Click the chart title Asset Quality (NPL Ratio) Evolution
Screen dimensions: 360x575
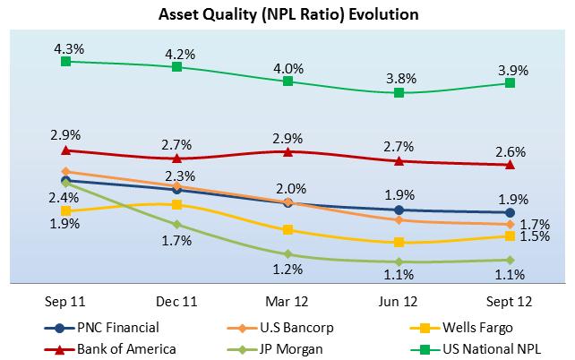(x=287, y=15)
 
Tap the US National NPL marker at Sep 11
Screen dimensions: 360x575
(x=66, y=61)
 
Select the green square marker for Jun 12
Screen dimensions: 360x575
(x=399, y=92)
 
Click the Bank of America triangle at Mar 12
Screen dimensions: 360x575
(x=287, y=151)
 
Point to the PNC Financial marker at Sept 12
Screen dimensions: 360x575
(x=510, y=212)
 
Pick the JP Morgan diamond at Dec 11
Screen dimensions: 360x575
(x=177, y=224)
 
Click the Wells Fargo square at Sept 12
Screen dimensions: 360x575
(x=510, y=236)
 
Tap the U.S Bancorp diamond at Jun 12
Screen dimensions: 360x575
(x=399, y=219)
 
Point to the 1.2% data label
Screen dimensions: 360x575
(x=287, y=268)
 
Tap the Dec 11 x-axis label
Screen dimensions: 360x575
(x=177, y=300)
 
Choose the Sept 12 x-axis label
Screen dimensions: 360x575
(x=510, y=300)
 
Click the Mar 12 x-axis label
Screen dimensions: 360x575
(x=287, y=300)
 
